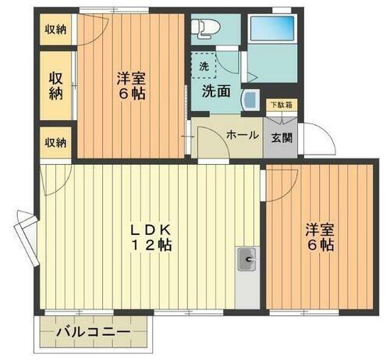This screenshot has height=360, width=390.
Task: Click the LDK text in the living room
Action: coord(151,230)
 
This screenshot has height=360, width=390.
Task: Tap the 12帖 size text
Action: coord(151,245)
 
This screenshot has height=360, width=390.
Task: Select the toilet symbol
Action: coord(204,29)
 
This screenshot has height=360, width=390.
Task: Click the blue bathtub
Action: coord(271,29)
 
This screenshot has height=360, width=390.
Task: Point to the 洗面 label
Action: coord(216,91)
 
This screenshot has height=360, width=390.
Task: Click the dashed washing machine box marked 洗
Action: coord(204,66)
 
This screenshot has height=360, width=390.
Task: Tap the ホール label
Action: coord(242,135)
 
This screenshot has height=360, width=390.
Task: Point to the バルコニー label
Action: coord(92,333)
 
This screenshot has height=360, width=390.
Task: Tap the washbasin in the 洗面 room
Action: coord(251,100)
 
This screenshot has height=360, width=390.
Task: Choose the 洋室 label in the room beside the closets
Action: coord(131,78)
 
